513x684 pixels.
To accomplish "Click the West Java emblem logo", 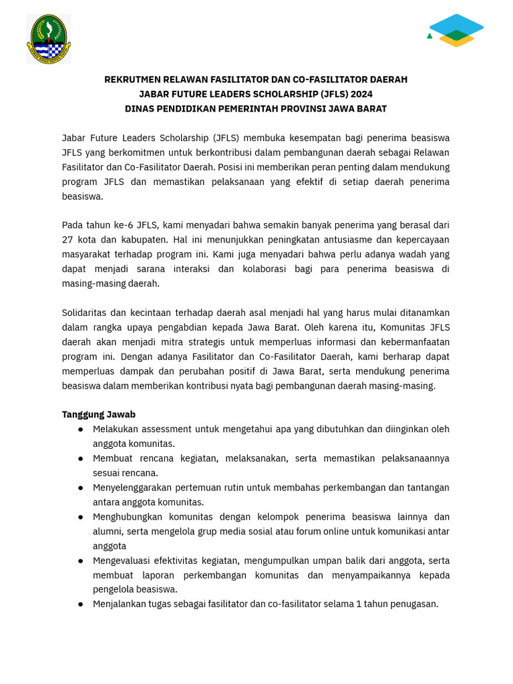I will click(x=48, y=39).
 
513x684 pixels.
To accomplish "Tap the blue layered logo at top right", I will click(x=456, y=30).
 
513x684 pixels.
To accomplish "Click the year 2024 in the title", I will click(x=361, y=94).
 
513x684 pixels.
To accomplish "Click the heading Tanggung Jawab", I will click(x=99, y=414).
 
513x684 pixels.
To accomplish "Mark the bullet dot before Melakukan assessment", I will click(x=80, y=430).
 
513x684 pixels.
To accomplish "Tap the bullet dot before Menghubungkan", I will click(x=80, y=517).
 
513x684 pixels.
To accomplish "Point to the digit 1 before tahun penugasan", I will click(x=359, y=604).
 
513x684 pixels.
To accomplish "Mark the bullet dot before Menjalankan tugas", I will click(x=80, y=605).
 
